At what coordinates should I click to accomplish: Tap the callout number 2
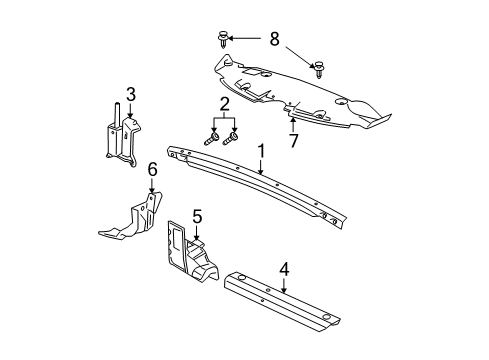(x=226, y=105)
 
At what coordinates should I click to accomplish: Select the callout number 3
(x=130, y=94)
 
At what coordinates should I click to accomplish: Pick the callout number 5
(x=197, y=243)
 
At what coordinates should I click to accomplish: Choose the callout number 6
(x=153, y=171)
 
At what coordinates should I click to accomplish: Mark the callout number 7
(x=292, y=140)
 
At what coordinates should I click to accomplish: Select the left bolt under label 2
(x=211, y=140)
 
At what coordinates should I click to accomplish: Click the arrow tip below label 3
(x=130, y=122)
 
